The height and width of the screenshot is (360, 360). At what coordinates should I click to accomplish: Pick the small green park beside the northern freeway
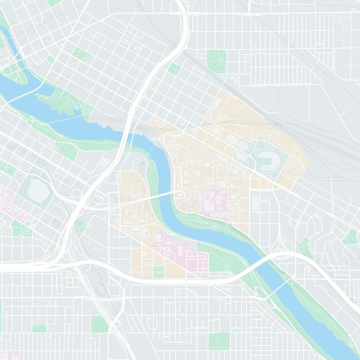(x=174, y=68)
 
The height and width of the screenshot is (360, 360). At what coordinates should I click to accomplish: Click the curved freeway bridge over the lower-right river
(x=261, y=261)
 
